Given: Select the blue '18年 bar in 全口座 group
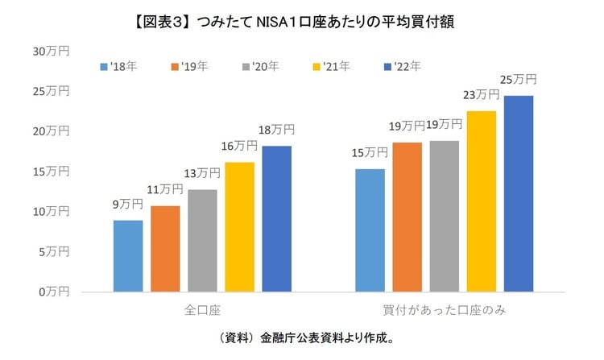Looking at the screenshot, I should [x=128, y=255].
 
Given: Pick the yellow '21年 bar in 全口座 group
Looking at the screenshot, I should [x=239, y=226].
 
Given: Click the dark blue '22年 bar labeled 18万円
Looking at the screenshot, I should [x=276, y=218].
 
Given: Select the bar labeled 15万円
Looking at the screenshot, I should [x=370, y=230].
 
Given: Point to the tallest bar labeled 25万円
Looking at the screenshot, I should [x=519, y=193].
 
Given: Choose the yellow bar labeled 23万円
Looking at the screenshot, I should [x=482, y=201].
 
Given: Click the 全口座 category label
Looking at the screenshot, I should [x=202, y=309].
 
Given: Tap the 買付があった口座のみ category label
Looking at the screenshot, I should [x=444, y=309].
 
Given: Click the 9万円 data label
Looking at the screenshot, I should [x=128, y=205].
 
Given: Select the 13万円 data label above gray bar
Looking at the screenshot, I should [x=202, y=173].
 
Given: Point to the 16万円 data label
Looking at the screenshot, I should [x=239, y=146].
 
